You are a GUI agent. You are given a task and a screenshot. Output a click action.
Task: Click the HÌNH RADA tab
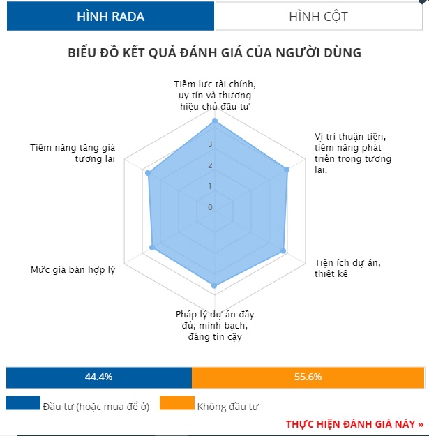(110, 16)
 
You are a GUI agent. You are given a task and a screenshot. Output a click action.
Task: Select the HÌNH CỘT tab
(318, 16)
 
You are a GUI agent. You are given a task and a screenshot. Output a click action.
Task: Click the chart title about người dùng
(214, 52)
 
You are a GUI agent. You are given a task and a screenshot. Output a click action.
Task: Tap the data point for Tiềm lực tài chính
(215, 121)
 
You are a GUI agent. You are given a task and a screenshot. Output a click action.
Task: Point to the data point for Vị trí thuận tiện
(287, 170)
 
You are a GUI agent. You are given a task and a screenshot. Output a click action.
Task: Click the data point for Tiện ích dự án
(283, 251)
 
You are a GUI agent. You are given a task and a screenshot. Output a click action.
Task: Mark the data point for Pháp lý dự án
(214, 285)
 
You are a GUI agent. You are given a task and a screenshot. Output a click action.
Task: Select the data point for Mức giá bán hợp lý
(152, 247)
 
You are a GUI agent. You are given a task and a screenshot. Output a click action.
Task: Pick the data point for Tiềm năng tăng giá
(148, 173)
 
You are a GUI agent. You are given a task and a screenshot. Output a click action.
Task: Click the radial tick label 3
(210, 144)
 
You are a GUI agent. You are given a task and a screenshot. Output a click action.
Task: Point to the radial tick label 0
(210, 207)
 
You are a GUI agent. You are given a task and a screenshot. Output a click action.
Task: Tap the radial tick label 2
(210, 165)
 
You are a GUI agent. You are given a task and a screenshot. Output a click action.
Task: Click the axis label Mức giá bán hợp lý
(73, 270)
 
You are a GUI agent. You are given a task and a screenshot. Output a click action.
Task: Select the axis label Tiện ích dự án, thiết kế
(347, 268)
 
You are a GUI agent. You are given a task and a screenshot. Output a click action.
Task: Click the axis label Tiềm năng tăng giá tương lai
(73, 153)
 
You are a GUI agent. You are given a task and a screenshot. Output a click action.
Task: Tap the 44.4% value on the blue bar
(98, 377)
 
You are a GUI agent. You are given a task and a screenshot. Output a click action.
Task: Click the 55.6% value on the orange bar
(308, 377)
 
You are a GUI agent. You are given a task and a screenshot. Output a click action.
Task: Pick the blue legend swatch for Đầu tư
(23, 403)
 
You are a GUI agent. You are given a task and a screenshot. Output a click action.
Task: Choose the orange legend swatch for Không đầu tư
(177, 403)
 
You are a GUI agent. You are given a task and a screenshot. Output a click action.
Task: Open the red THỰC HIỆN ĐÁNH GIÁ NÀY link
(354, 424)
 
